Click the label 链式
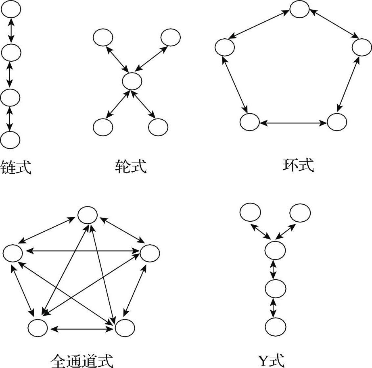pyautogui.click(x=16, y=167)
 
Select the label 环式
pyautogui.click(x=298, y=165)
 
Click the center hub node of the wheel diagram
pyautogui.click(x=132, y=81)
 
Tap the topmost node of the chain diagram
pyautogui.click(x=11, y=9)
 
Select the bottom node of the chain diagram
pyautogui.click(x=10, y=140)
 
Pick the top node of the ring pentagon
pyautogui.click(x=300, y=9)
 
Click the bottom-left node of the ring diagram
pyautogui.click(x=250, y=122)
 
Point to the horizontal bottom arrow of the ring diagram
pyautogui.click(x=293, y=122)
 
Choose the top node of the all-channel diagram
pyautogui.click(x=88, y=215)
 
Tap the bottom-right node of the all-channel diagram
pyautogui.click(x=125, y=327)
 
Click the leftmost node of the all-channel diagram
pyautogui.click(x=13, y=253)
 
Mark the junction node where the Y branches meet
pyautogui.click(x=275, y=250)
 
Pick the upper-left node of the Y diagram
pyautogui.click(x=250, y=212)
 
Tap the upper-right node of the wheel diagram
pyautogui.click(x=170, y=38)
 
